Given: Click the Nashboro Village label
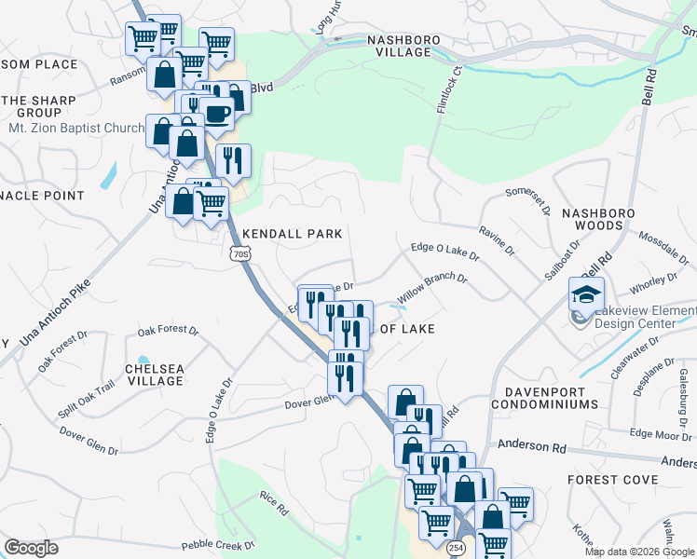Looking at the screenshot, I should coord(400,47).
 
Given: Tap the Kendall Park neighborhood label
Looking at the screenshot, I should coord(292,234).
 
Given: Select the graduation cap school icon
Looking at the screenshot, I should coord(587,295).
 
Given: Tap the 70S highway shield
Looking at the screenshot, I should coord(239,252).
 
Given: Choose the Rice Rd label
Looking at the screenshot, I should coord(273,503).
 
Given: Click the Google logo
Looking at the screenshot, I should coord(32,548).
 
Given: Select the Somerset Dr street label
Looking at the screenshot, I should coord(528,203).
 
